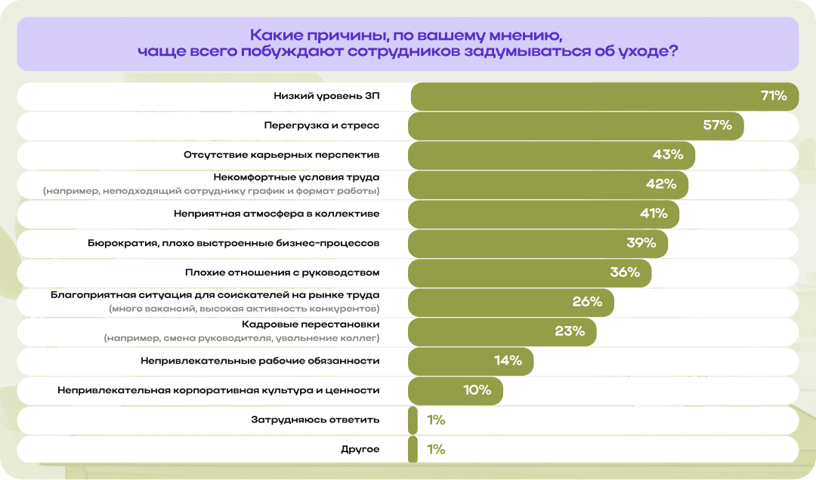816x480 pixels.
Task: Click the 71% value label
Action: (x=774, y=96)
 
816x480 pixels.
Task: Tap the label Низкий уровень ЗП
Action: (x=326, y=96)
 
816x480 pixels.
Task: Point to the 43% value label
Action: (x=668, y=155)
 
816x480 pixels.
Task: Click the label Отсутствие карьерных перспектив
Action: (x=281, y=155)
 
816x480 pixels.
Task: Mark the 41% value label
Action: (x=654, y=214)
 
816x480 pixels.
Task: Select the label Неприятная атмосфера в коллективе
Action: (x=277, y=214)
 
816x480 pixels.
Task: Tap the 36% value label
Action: (x=625, y=272)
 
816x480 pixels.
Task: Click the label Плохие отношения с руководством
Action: (x=282, y=272)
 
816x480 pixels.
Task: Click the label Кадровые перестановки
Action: (x=315, y=324)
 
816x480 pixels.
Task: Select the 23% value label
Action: (x=570, y=331)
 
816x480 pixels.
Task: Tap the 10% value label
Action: (x=478, y=390)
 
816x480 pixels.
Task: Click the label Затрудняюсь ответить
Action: (x=315, y=420)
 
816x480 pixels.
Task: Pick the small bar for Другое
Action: (x=413, y=449)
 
